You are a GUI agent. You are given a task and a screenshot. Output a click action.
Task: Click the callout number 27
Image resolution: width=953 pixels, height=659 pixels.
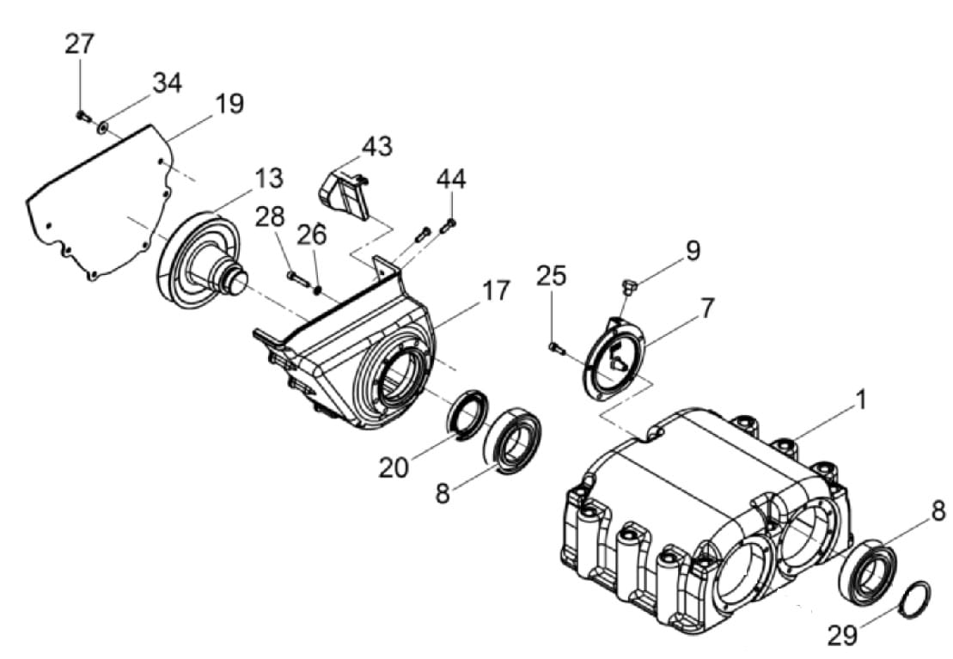[80, 45]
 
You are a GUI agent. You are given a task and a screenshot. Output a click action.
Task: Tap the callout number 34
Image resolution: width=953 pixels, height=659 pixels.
[167, 82]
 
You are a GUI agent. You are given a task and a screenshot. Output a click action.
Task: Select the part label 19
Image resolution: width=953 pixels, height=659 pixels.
[229, 104]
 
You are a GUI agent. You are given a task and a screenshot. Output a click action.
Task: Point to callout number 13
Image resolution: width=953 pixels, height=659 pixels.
[268, 179]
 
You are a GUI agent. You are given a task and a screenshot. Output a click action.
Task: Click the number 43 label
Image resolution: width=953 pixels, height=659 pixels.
[377, 147]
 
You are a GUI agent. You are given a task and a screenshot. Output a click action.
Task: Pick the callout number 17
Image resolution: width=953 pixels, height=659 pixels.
[495, 291]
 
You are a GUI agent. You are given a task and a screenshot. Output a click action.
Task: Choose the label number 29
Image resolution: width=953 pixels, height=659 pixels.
[842, 635]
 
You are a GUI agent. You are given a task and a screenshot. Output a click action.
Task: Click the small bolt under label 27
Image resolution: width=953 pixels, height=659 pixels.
[82, 115]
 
